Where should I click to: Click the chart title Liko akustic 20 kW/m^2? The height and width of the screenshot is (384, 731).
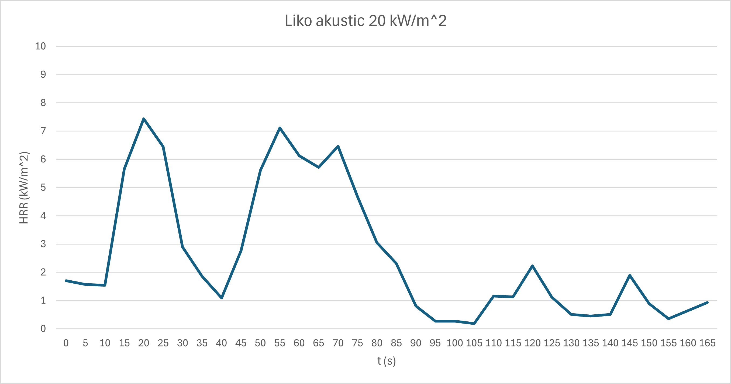tap(365, 21)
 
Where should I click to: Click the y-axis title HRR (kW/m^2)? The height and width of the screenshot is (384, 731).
tap(24, 188)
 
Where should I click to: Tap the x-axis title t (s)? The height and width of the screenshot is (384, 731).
tap(386, 361)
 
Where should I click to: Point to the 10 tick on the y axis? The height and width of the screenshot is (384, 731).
tap(40, 46)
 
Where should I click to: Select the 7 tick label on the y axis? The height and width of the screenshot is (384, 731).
tap(43, 131)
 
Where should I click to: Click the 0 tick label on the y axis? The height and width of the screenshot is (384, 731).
tap(43, 329)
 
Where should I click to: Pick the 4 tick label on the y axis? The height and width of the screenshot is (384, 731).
tap(43, 216)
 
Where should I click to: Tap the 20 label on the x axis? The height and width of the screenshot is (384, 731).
tap(144, 343)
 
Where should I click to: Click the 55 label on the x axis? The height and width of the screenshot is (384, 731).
tap(280, 343)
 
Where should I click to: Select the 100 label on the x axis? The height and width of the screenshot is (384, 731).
tap(455, 343)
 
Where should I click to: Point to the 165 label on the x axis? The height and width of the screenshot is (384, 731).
tap(707, 343)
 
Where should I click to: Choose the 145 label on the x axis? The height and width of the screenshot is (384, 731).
tap(629, 343)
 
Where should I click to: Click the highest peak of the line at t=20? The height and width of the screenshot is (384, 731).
tap(144, 119)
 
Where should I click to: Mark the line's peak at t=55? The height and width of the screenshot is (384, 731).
tap(280, 128)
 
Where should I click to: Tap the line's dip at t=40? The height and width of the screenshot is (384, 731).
tap(222, 298)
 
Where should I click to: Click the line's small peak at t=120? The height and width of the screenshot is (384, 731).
tap(532, 266)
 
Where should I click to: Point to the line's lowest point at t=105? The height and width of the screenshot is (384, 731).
tap(474, 324)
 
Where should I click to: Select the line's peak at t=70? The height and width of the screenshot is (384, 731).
tap(338, 146)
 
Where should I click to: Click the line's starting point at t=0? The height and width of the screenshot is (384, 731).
tap(66, 281)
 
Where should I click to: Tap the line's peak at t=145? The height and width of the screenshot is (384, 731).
tap(630, 275)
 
